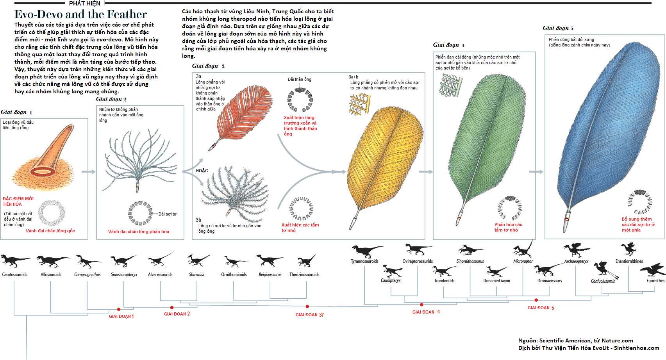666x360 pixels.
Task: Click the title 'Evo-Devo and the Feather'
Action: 80,14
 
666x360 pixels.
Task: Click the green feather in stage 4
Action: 488,144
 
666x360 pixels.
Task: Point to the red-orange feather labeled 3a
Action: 242,115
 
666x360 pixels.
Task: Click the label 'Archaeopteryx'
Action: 576,262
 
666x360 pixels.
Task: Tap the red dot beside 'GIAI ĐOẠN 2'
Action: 172,308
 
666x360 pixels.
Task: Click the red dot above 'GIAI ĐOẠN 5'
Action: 536,300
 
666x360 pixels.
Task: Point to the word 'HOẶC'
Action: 202,171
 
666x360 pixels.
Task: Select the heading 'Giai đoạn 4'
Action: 448,45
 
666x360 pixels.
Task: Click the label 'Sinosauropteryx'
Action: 124,275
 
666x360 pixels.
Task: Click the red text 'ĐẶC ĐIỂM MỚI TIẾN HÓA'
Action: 18,201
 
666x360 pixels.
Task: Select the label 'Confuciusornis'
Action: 602,281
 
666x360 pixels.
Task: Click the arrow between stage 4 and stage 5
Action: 536,171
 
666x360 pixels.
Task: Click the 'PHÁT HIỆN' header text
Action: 84,4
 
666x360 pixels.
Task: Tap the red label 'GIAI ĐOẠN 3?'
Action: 309,315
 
